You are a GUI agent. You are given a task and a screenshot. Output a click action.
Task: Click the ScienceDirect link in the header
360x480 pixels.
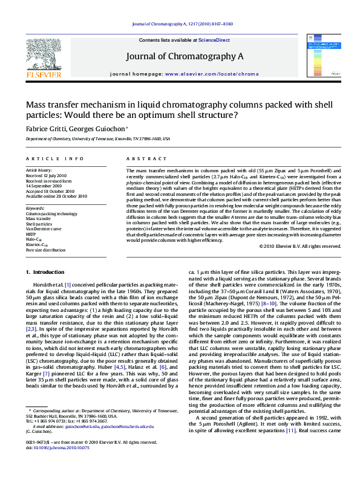click(x=214, y=40)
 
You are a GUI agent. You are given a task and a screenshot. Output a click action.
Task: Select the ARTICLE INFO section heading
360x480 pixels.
click(x=54, y=159)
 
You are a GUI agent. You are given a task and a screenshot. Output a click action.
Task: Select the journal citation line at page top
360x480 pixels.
click(x=180, y=24)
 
